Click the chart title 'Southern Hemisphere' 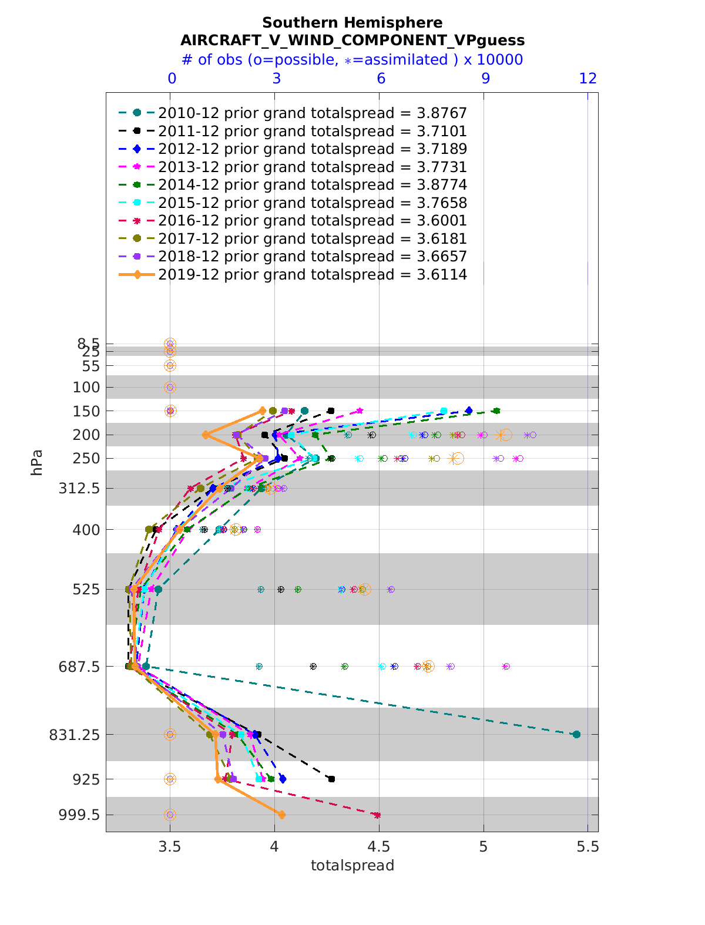tap(352, 23)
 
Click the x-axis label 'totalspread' tap(352, 865)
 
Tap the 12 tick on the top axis tap(588, 79)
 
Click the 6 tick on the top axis tap(381, 79)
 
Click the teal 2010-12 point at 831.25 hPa tap(576, 734)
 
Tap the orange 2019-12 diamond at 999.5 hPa tap(282, 815)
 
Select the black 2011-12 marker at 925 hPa tap(332, 779)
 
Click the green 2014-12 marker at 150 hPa tap(496, 411)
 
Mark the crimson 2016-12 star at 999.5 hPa tap(377, 815)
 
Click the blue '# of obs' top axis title tap(352, 60)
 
